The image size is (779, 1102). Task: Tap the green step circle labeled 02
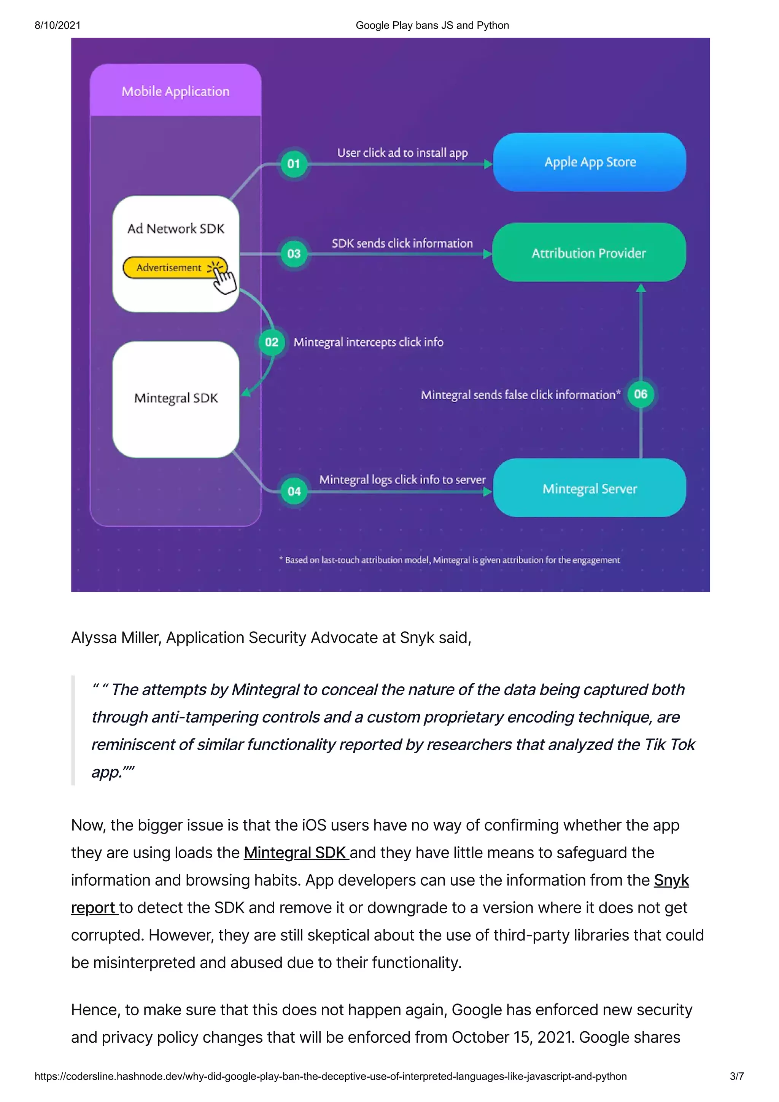coord(272,342)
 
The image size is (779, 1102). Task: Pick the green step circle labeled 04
coord(294,491)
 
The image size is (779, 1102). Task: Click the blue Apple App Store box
coord(590,162)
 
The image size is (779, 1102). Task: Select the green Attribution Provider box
coord(588,252)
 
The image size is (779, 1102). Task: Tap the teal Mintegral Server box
coord(590,488)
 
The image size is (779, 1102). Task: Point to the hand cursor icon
coord(224,280)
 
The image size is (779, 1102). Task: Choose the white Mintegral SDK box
coord(176,399)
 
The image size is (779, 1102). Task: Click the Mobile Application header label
coord(175,91)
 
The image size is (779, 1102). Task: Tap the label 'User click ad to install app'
coord(402,152)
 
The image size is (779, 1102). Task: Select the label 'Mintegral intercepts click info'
coord(368,342)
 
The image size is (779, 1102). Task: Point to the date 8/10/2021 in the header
coord(57,25)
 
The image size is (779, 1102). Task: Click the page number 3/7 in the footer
coord(736,1076)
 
